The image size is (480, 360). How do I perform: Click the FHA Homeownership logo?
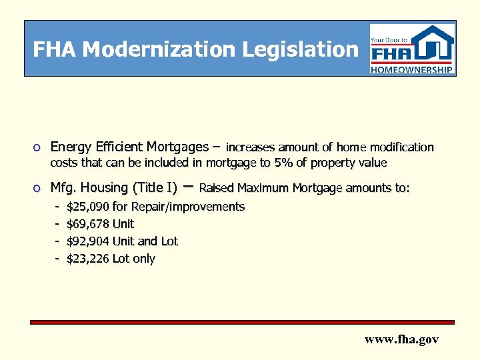pyautogui.click(x=412, y=49)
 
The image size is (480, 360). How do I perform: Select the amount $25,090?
pyautogui.click(x=89, y=207)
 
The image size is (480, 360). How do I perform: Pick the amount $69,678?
pyautogui.click(x=89, y=224)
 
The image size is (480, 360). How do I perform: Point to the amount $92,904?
pyautogui.click(x=89, y=241)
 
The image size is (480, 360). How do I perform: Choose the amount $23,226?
pyautogui.click(x=89, y=259)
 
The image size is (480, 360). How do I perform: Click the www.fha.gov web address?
pyautogui.click(x=401, y=339)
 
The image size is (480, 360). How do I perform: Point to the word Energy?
pyautogui.click(x=71, y=147)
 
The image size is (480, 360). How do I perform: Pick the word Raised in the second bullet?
pyautogui.click(x=217, y=188)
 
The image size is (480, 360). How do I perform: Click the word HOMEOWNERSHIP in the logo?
pyautogui.click(x=412, y=69)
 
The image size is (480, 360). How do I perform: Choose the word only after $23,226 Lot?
pyautogui.click(x=144, y=259)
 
